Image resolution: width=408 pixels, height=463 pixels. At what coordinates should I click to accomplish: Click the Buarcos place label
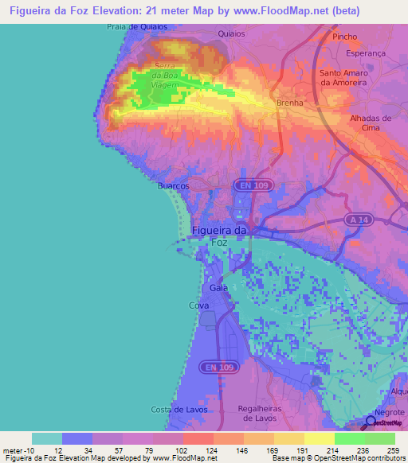point(173,185)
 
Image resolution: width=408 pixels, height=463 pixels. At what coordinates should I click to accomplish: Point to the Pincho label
point(345,37)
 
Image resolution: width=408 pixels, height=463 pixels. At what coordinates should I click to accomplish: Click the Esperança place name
point(367,54)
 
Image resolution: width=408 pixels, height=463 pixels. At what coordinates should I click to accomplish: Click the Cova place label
point(198,305)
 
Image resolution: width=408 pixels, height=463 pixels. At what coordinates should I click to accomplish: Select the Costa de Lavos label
point(178,409)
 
